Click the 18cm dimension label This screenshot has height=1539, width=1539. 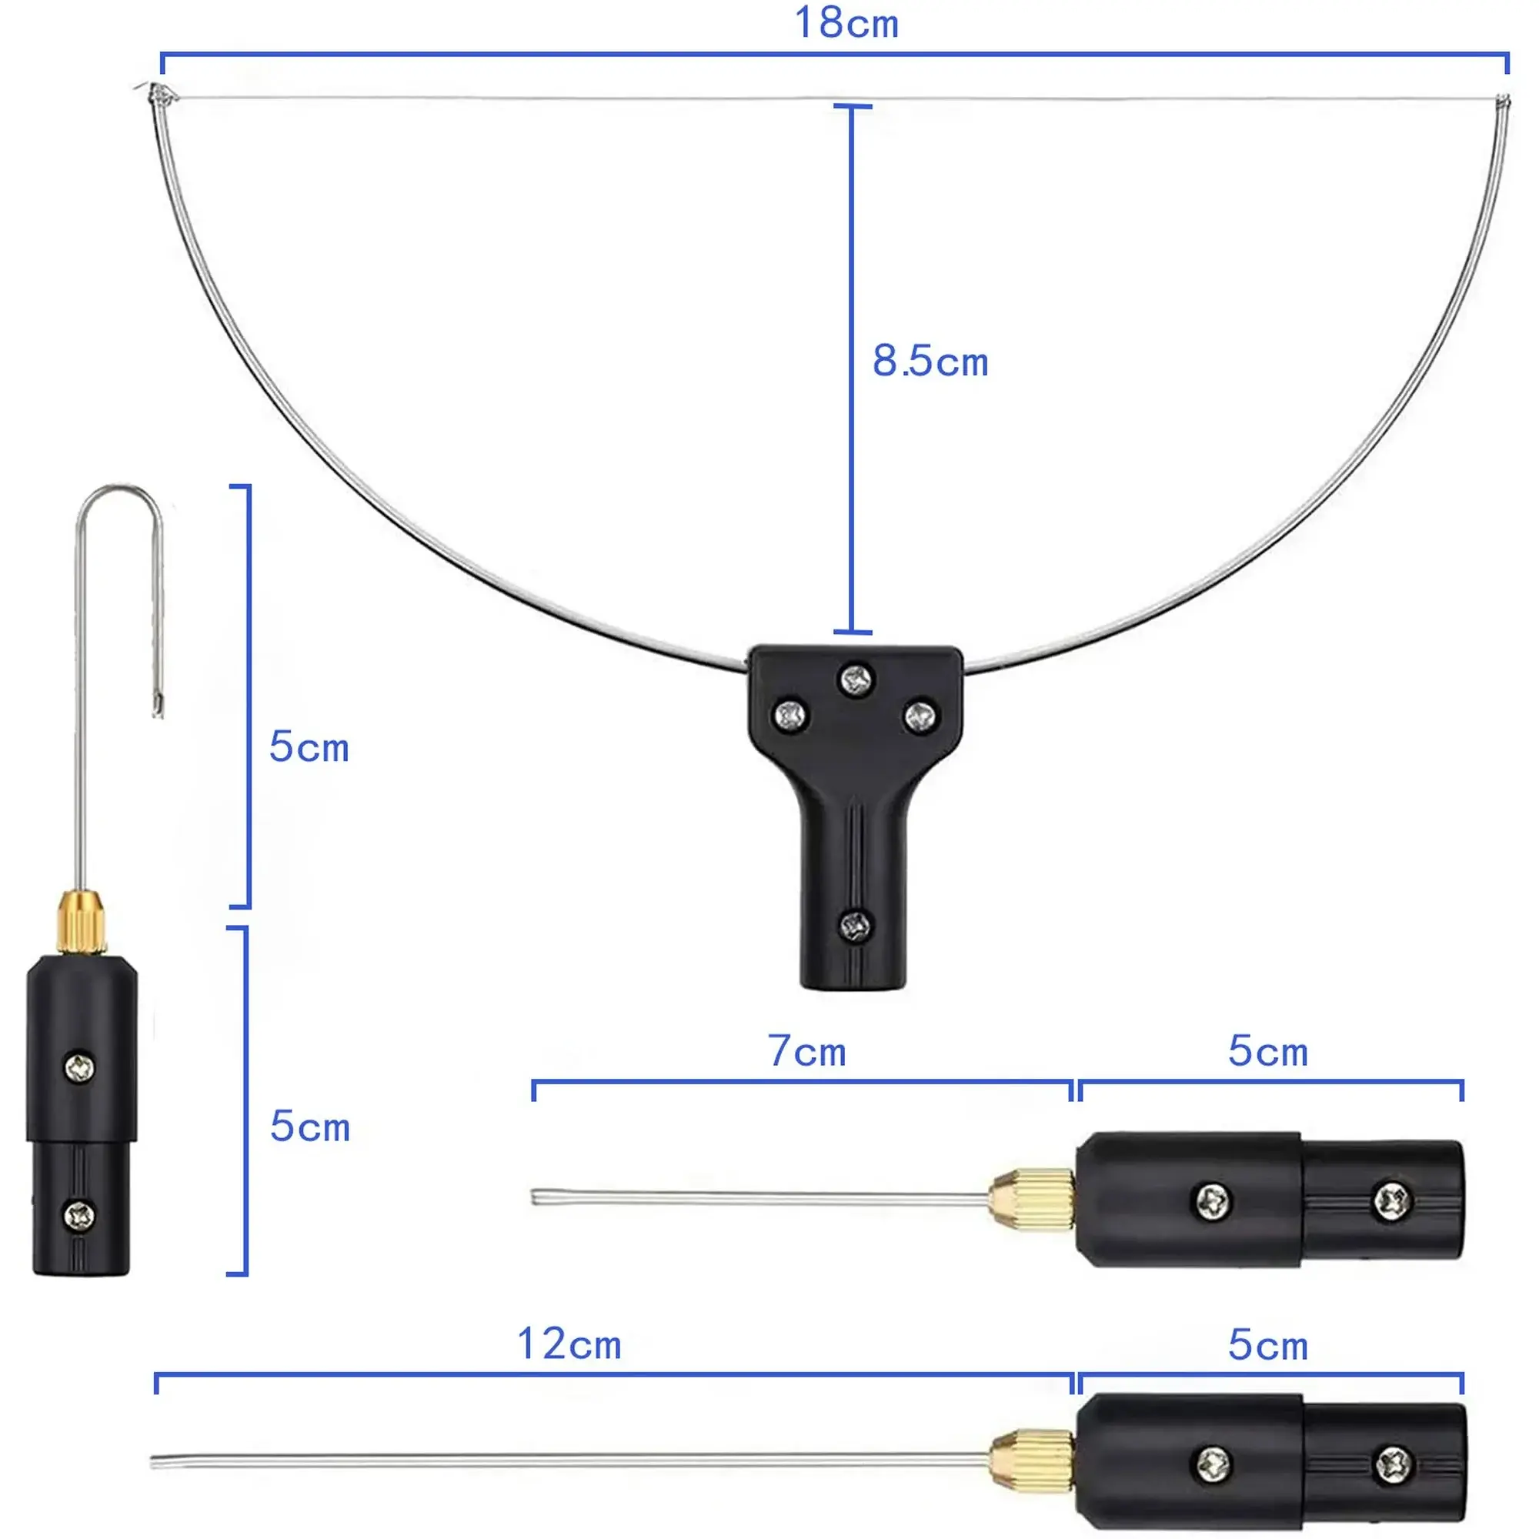click(x=846, y=23)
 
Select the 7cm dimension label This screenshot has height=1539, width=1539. click(x=807, y=1050)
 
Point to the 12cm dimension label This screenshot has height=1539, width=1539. click(x=569, y=1344)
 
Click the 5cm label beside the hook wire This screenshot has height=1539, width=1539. click(x=309, y=747)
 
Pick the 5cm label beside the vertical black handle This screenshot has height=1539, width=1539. click(x=310, y=1127)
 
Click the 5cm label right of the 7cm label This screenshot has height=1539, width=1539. click(x=1268, y=1050)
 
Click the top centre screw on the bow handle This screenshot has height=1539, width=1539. click(x=856, y=679)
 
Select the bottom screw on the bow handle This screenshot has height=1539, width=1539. click(x=856, y=926)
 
